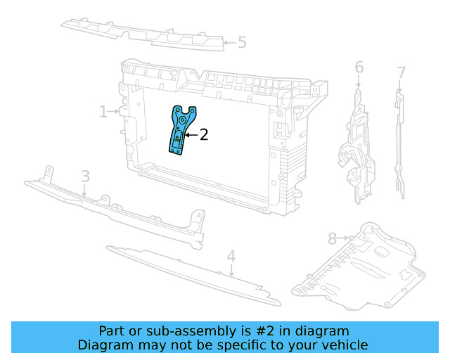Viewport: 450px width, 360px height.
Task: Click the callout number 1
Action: [x=103, y=112]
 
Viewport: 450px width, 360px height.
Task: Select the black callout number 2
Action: [x=204, y=134]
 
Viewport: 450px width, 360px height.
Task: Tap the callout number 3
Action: [x=86, y=176]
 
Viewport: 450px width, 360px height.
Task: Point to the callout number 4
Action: [x=231, y=257]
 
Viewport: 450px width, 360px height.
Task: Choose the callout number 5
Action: [x=242, y=42]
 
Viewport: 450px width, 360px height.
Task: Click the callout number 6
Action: [x=359, y=67]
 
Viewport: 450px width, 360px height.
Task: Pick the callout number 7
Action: [x=401, y=73]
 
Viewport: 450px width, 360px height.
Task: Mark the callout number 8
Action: [x=333, y=238]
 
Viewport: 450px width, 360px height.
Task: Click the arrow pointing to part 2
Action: [x=192, y=134]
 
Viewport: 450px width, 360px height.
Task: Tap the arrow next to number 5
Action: [x=230, y=43]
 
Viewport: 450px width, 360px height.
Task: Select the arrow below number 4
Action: [x=231, y=271]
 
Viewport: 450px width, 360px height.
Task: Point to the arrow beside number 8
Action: [x=344, y=238]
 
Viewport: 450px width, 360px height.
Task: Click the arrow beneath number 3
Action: [x=84, y=190]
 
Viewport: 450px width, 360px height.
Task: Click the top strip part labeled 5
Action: [x=142, y=35]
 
